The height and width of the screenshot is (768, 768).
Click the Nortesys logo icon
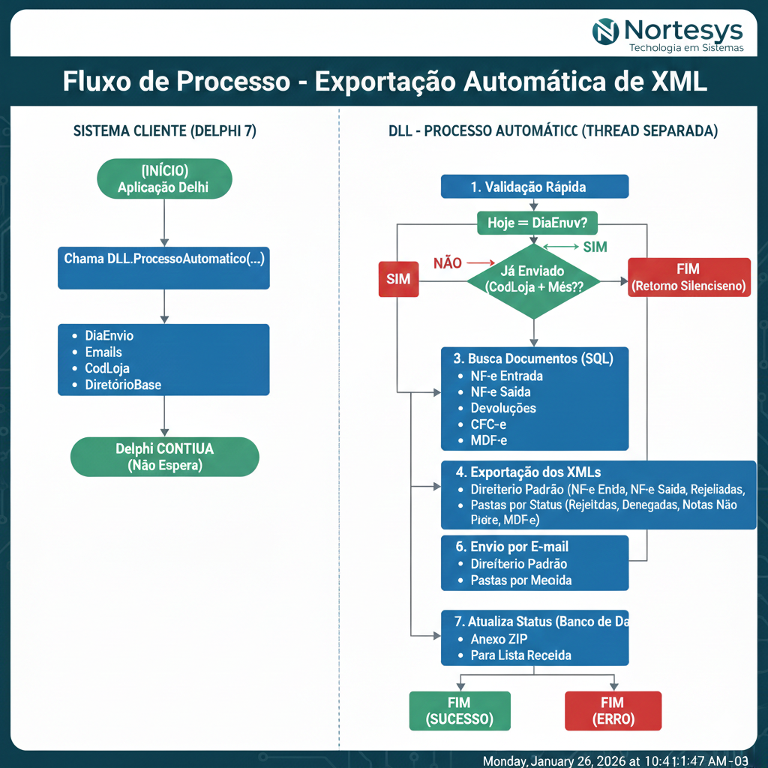[x=606, y=31]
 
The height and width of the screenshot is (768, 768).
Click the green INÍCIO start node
[x=164, y=179]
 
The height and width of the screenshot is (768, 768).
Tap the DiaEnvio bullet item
[x=109, y=336]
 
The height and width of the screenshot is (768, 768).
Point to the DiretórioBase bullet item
[x=123, y=385]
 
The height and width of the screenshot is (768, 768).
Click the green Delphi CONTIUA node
[x=164, y=457]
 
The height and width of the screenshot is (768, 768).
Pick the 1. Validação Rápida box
[x=534, y=187]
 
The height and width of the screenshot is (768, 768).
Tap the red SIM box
[x=397, y=278]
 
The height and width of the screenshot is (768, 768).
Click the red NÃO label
[x=448, y=263]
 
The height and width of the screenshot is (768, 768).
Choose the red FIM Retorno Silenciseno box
[x=688, y=277]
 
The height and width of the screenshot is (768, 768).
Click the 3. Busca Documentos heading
[x=535, y=359]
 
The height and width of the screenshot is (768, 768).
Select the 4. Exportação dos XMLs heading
[x=528, y=472]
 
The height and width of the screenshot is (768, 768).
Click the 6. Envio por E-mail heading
[x=517, y=547]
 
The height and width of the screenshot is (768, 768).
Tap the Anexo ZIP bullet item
[x=499, y=639]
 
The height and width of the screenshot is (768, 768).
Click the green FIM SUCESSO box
[x=460, y=710]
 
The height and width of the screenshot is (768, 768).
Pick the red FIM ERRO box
[x=613, y=710]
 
